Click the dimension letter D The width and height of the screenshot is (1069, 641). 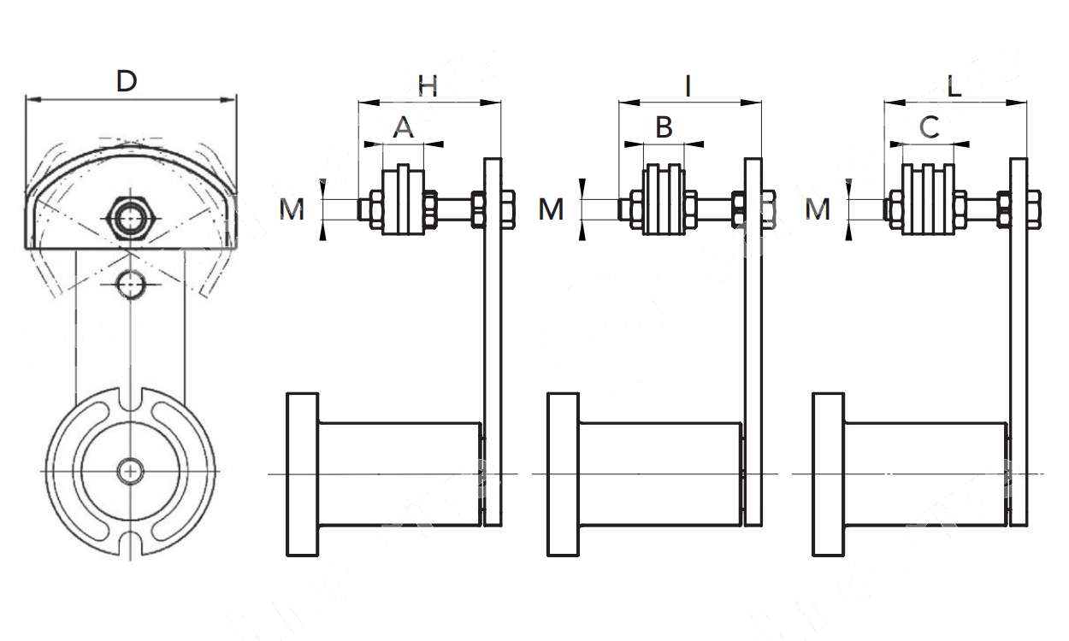[x=127, y=82]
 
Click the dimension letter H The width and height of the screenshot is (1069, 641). [x=428, y=85]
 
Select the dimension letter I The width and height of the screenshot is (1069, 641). [x=688, y=85]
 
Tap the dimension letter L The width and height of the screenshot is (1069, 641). [x=954, y=85]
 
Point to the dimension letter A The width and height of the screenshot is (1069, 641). [x=403, y=128]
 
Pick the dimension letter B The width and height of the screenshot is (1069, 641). [x=664, y=128]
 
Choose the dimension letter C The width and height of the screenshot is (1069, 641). [x=929, y=128]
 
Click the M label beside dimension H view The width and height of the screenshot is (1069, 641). [x=292, y=209]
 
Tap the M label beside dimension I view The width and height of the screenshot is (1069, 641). [x=552, y=209]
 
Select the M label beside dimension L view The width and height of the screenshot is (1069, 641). [x=818, y=209]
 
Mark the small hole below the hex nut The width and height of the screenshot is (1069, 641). [x=130, y=284]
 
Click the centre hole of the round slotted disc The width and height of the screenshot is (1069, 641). [x=130, y=471]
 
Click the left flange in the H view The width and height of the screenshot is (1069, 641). [x=301, y=474]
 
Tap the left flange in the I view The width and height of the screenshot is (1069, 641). [x=563, y=474]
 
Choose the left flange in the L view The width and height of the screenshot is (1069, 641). [x=828, y=474]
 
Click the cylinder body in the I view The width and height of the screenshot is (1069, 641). [x=659, y=474]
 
